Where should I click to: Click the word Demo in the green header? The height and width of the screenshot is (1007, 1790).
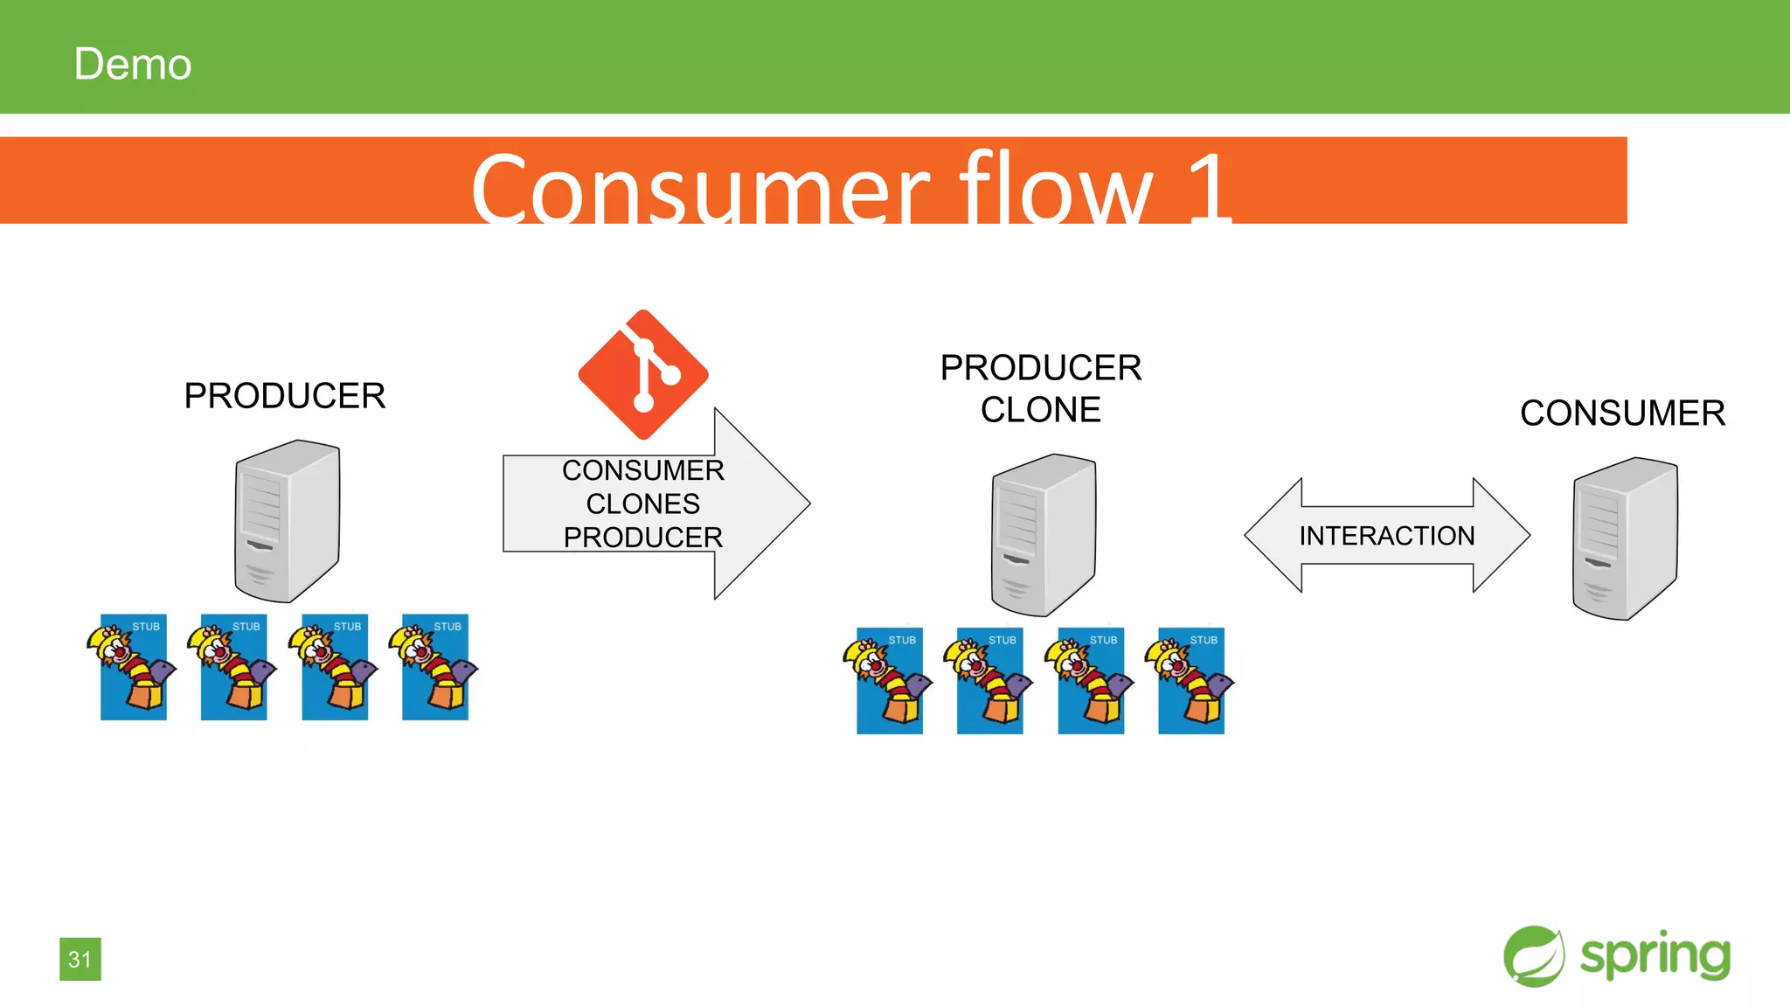(x=132, y=65)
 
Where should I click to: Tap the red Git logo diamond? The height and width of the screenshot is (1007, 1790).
(x=643, y=374)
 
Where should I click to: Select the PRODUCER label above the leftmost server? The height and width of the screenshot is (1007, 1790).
(x=284, y=396)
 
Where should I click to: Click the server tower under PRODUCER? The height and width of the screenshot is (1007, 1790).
(x=287, y=521)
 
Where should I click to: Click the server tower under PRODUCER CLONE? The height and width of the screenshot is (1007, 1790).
(x=1043, y=534)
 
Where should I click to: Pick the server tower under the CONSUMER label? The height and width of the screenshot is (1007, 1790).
(x=1624, y=538)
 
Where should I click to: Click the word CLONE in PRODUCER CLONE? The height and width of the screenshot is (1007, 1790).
(x=1040, y=410)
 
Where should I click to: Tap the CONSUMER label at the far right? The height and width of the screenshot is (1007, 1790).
(x=1622, y=413)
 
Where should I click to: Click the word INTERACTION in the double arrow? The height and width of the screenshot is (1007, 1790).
(x=1386, y=536)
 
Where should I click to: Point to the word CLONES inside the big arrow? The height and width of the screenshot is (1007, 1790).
(x=642, y=504)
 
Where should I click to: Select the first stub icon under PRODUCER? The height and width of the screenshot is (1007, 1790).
(x=133, y=668)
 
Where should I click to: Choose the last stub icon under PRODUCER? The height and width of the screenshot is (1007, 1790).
(x=434, y=668)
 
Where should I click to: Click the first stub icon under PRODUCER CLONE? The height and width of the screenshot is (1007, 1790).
(x=889, y=681)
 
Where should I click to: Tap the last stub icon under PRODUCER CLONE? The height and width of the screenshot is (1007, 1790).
(x=1190, y=681)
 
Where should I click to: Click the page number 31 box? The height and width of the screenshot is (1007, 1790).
(x=80, y=959)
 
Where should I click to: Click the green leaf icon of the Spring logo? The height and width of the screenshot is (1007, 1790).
(x=1534, y=956)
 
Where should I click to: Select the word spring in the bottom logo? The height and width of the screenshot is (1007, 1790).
(x=1655, y=955)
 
